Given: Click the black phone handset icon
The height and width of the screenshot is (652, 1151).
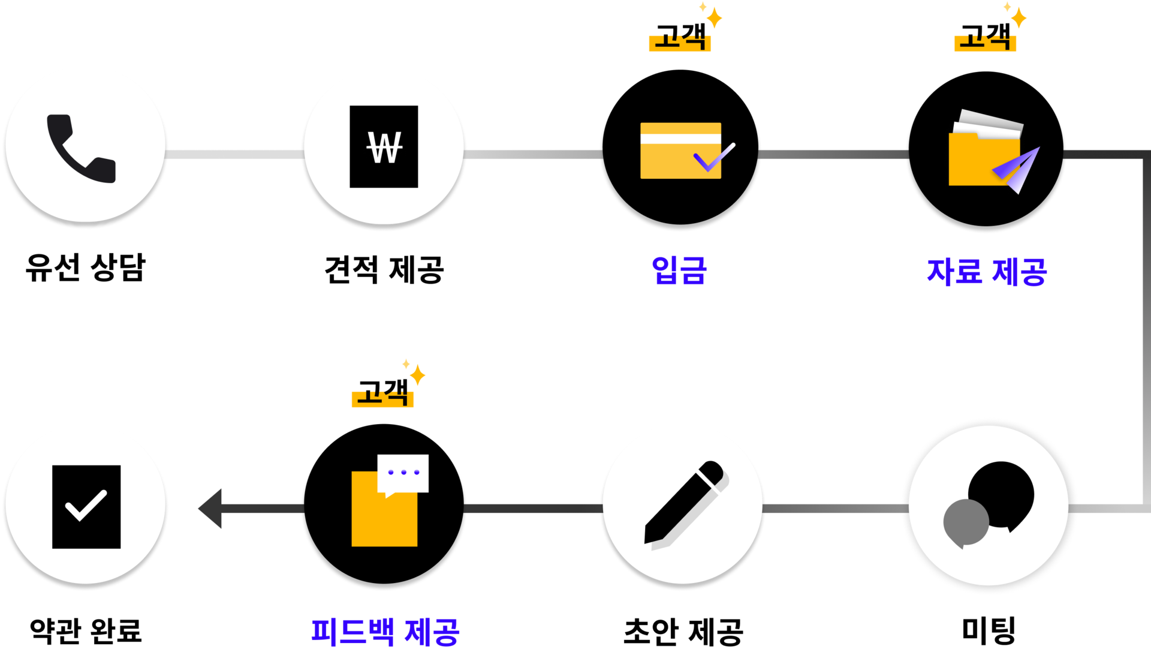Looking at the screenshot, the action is click(81, 148).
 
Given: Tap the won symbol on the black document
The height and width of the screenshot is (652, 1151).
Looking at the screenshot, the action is click(384, 147).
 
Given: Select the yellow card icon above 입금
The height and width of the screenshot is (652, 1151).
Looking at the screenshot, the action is click(681, 151).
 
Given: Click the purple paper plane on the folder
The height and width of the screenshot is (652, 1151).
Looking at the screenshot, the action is click(1017, 170).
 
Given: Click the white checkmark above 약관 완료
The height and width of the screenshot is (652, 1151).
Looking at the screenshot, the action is click(86, 505).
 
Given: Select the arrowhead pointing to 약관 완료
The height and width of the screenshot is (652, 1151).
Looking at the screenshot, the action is click(210, 509).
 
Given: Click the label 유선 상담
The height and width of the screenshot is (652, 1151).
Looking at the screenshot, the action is click(86, 268).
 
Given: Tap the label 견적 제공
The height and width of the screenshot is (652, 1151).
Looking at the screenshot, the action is click(384, 270).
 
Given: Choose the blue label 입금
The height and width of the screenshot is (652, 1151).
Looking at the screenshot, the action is click(680, 270).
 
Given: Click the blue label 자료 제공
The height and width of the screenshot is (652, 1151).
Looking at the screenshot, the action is click(987, 272).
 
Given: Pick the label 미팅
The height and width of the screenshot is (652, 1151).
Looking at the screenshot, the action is click(989, 630).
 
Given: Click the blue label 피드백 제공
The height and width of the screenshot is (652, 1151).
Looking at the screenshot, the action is click(385, 632).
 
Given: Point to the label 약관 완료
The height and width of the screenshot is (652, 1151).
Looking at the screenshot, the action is click(86, 630).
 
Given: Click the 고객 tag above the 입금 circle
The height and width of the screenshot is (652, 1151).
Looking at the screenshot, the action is click(680, 36).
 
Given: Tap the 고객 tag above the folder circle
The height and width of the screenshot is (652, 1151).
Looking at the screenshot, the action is click(985, 36).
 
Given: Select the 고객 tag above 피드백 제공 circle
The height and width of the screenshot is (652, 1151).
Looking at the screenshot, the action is click(382, 392).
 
